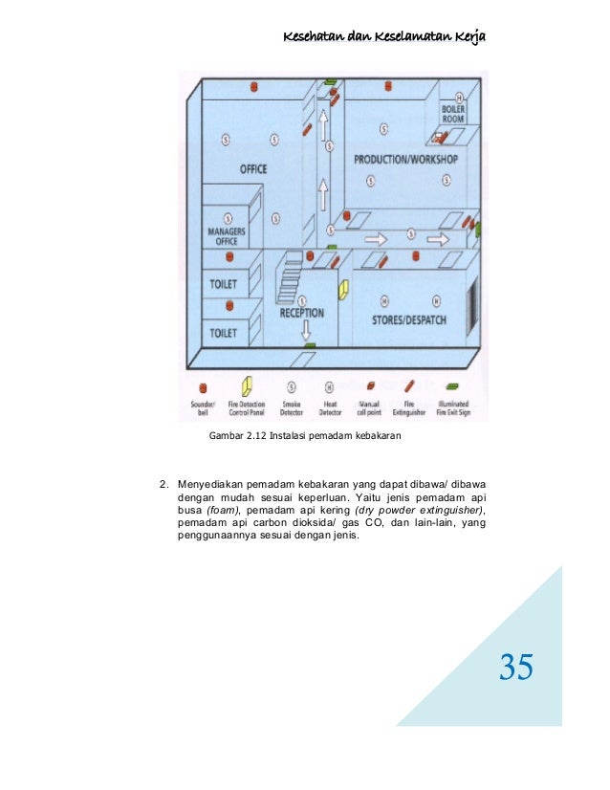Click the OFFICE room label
point(253,169)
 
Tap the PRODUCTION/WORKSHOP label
point(405,159)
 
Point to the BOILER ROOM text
point(453,114)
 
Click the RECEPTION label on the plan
point(302,313)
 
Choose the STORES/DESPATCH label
point(408,319)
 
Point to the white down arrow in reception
point(307,331)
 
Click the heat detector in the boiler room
point(460,98)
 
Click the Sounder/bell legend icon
point(204,388)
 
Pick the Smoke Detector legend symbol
point(292,387)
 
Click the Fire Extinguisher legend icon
point(409,386)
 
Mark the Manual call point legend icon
point(368,388)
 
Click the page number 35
point(516,667)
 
